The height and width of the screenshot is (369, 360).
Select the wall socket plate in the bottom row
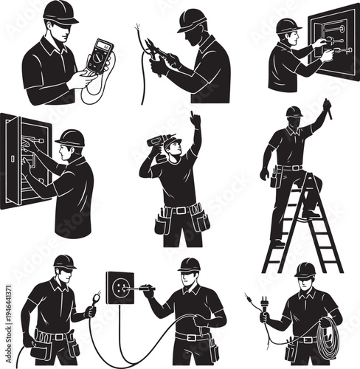[120, 285]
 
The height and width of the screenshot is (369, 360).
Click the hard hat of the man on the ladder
[294, 111]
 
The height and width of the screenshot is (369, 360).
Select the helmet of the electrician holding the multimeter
[60, 11]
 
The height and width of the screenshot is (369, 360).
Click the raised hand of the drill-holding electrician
[195, 119]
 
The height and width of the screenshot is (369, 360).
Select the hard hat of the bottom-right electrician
[304, 270]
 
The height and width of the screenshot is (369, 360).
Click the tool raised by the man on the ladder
[328, 108]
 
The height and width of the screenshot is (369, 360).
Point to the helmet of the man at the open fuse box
[71, 137]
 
